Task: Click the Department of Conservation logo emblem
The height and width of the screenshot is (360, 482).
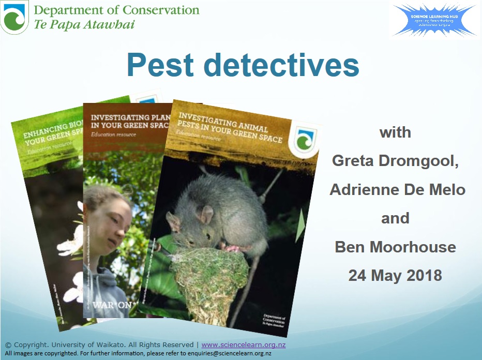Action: click(x=14, y=17)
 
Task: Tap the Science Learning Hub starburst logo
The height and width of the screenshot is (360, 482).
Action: click(x=433, y=20)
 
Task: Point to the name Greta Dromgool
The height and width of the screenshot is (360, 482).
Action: click(x=396, y=161)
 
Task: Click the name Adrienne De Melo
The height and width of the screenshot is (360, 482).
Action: click(x=397, y=189)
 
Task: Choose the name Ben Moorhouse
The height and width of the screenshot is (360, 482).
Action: click(x=395, y=247)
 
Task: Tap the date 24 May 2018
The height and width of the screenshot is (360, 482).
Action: click(x=395, y=275)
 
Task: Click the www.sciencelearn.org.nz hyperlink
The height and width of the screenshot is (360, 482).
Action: click(x=243, y=344)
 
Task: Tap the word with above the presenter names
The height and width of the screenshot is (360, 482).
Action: click(x=395, y=132)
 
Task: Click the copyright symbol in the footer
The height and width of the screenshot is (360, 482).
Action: click(x=8, y=345)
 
